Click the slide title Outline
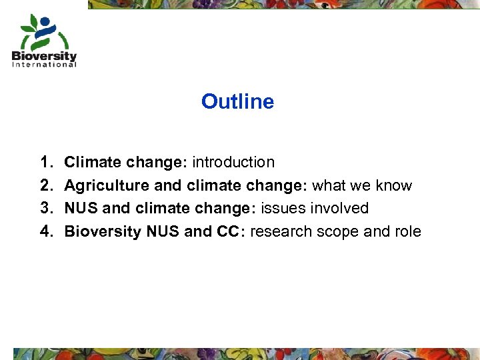click(x=237, y=101)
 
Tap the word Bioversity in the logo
click(x=44, y=56)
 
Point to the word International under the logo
click(x=44, y=65)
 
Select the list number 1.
click(x=45, y=162)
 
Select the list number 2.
click(x=45, y=185)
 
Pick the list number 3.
click(x=45, y=208)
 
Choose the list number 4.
click(x=45, y=231)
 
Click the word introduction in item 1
click(x=233, y=162)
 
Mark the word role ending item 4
click(x=407, y=231)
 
